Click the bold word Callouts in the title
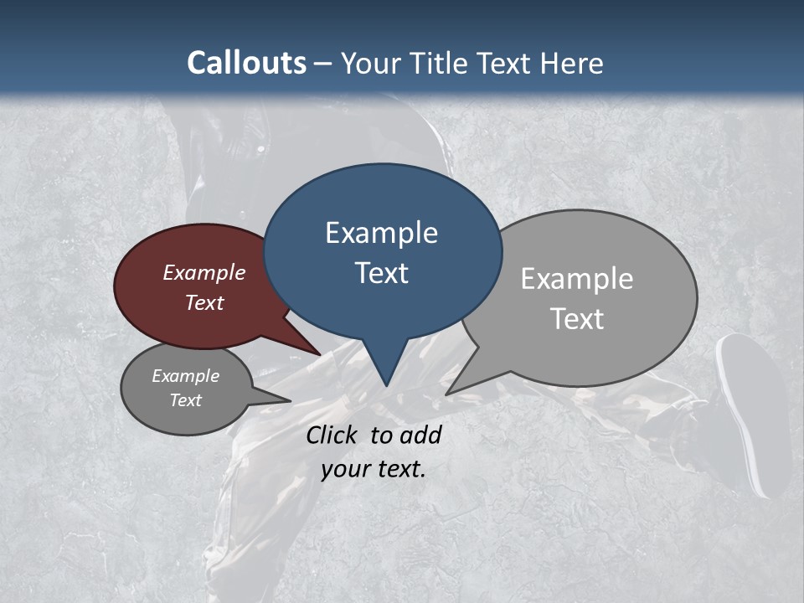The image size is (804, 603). (246, 63)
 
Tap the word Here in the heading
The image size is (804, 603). (572, 64)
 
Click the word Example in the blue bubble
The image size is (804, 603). (381, 233)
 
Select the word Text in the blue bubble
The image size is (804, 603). (382, 273)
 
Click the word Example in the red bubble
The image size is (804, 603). (204, 272)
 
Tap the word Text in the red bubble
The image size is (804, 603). (204, 302)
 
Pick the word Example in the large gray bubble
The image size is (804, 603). (577, 279)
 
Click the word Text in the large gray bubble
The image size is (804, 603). (577, 319)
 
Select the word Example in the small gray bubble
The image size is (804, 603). (185, 376)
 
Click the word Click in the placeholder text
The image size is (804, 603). (332, 435)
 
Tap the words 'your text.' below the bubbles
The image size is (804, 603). (374, 469)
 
